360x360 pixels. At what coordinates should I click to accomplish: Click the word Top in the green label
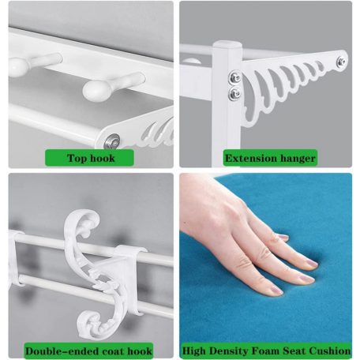76,158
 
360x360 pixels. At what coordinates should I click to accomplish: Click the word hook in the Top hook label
103,158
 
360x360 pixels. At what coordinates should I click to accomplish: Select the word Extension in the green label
251,159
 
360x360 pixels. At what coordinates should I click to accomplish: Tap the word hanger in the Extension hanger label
298,159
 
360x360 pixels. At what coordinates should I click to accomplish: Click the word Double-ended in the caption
62,351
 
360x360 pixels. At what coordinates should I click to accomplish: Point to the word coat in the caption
113,351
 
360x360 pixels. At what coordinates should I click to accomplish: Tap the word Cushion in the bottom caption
330,351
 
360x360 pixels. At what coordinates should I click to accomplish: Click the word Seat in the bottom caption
294,351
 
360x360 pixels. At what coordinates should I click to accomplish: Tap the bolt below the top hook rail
112,141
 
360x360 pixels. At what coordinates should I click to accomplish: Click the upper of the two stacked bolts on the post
234,77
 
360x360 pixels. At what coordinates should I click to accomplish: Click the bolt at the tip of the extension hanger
341,62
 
